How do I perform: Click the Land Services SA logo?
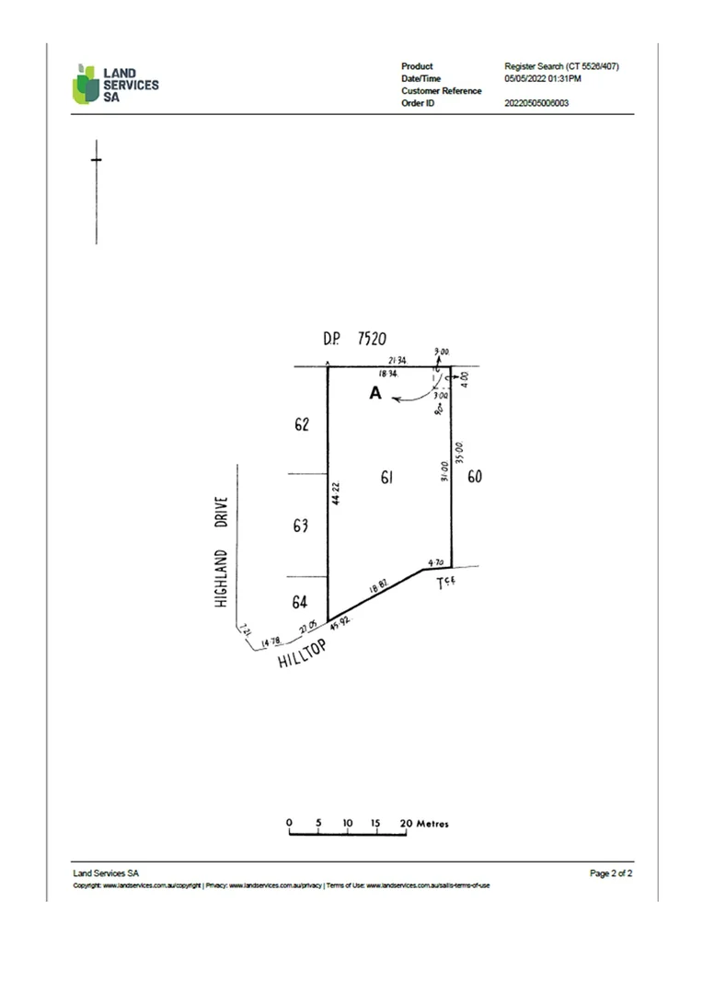coord(115,84)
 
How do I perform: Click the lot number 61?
coord(387,477)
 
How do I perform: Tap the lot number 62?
coord(300,425)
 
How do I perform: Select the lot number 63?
coord(300,526)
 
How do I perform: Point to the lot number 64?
coord(300,602)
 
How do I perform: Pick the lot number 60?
coord(475,477)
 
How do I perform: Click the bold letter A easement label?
coord(375,393)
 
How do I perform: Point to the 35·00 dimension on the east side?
coord(459,452)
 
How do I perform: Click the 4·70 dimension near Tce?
coord(436,561)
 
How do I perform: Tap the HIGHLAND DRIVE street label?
coord(221,551)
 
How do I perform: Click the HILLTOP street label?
coord(303,655)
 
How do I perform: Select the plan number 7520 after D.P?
coord(371,339)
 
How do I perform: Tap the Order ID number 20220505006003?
coord(537,103)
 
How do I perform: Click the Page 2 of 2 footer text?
coord(611,873)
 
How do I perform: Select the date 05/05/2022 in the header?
coord(525,79)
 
